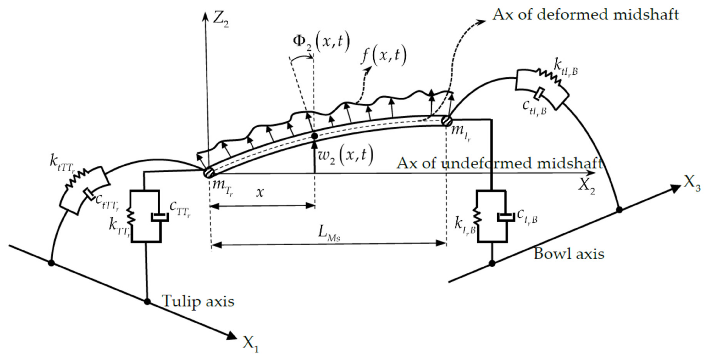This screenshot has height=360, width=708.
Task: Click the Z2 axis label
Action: click(x=220, y=20)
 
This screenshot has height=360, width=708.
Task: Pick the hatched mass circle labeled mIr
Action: click(x=447, y=120)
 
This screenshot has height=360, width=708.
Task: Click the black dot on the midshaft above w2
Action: click(x=314, y=136)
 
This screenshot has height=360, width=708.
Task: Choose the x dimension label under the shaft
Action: click(x=260, y=193)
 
